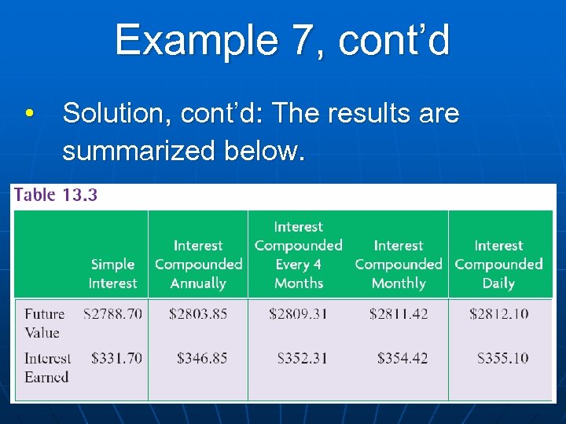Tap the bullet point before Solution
coord(29,115)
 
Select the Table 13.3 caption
coord(55,195)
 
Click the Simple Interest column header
coord(112,274)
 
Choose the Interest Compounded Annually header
coord(198,265)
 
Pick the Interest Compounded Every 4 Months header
coord(299,255)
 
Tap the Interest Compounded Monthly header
coord(399,265)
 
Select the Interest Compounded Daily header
coord(498,265)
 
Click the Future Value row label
coord(44,323)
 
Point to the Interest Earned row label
coord(47,367)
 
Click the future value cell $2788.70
coord(113,314)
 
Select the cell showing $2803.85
coord(198,314)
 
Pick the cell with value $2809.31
coord(299,314)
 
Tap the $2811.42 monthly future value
coord(399,314)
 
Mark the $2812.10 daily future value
coord(498,314)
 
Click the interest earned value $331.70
coord(116,358)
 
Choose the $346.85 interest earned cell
coord(202,358)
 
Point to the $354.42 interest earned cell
coord(402,358)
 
